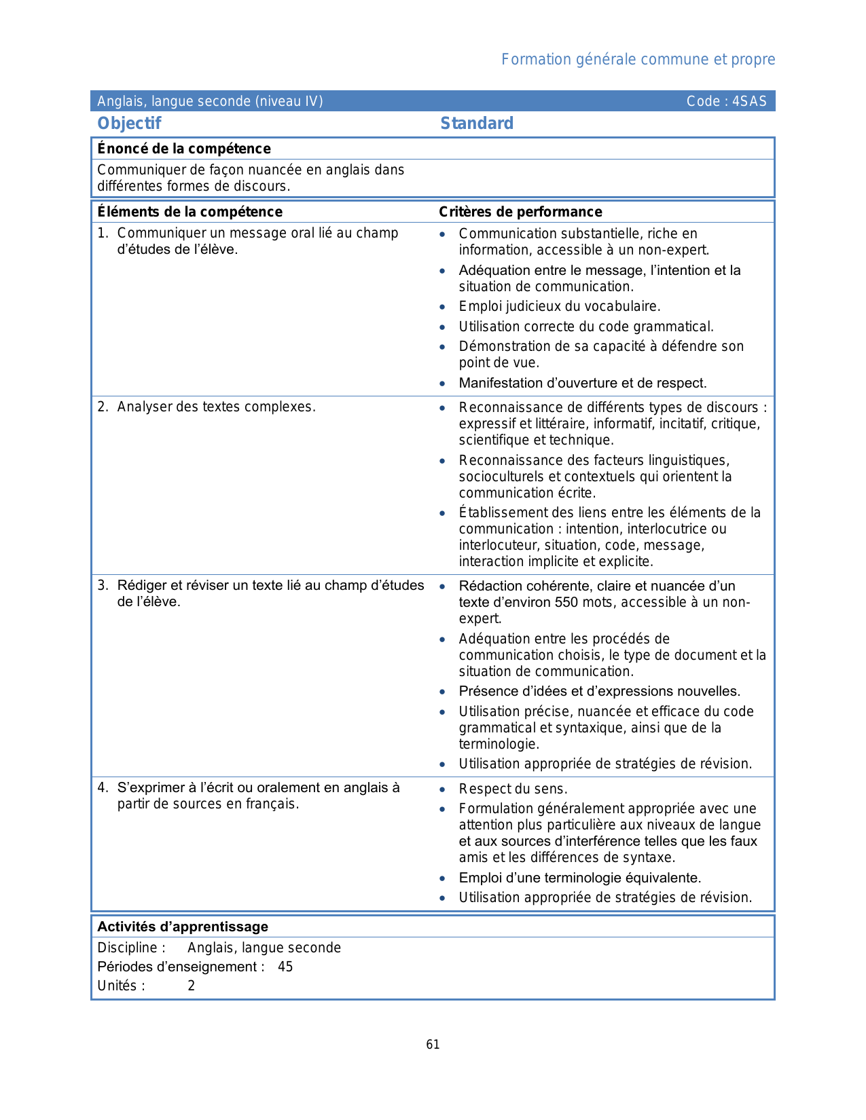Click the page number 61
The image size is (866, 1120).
pos(433,1045)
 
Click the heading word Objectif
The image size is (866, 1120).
pos(129,124)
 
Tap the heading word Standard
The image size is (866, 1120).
pos(477,124)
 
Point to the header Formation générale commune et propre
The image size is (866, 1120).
pos(638,60)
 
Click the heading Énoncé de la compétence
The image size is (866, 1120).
pos(183,149)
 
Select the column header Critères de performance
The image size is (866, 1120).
pos(520,212)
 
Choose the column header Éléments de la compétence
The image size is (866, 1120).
pos(190,212)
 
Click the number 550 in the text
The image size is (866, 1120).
pos(566,603)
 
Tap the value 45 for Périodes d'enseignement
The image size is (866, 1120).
pos(285,967)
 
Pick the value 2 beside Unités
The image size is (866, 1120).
pos(192,986)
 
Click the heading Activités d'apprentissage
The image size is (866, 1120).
pos(183,927)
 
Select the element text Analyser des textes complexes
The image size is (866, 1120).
pos(216,407)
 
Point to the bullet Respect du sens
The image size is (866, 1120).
pos(513,789)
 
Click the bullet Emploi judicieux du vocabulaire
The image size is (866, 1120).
pos(559,306)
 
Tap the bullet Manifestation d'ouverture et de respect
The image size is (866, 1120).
pos(582,384)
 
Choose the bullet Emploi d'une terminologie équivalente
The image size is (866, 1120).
pos(579,878)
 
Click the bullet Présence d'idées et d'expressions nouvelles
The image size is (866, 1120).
pos(599,692)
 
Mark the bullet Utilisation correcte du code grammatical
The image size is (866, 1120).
pos(585,326)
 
